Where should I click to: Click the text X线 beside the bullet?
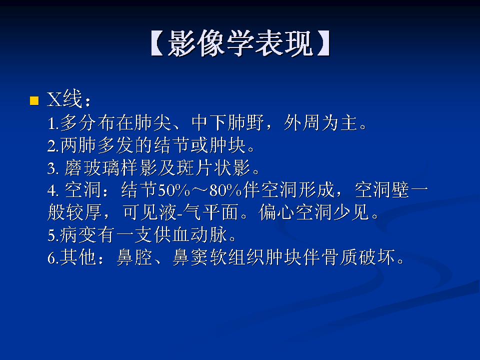63,100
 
